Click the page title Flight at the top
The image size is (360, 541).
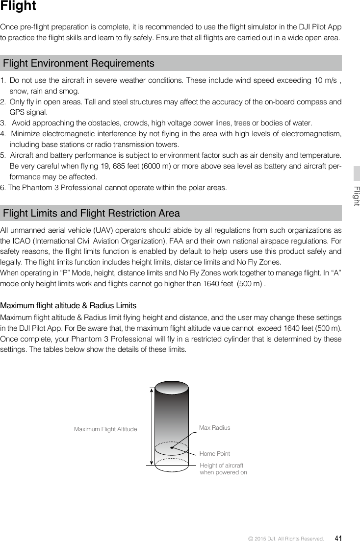[18, 6]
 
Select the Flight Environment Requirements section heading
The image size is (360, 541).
[78, 64]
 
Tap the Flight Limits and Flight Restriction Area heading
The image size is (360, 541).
[91, 214]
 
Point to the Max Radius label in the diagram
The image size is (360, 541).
[214, 428]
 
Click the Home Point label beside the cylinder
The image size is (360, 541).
[215, 454]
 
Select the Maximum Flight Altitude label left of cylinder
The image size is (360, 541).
[105, 429]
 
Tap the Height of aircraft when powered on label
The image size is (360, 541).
[223, 468]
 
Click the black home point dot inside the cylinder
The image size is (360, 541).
[172, 447]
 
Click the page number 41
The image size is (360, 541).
[338, 538]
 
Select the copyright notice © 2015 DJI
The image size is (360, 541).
[286, 539]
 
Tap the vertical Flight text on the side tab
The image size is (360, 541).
[357, 196]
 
